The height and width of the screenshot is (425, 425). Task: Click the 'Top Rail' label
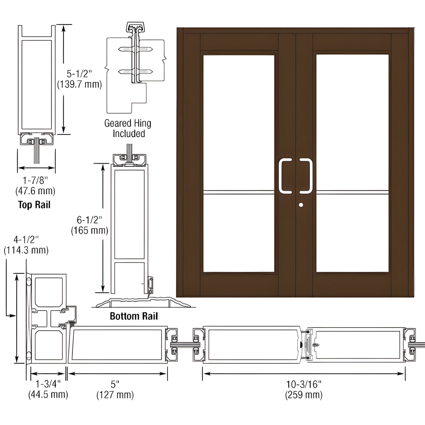[34, 205]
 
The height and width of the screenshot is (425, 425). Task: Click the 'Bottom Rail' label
[134, 316]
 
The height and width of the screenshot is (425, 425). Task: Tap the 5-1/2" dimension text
[79, 74]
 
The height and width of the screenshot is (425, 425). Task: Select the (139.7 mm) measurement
[79, 85]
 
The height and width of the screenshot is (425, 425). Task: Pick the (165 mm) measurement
[89, 231]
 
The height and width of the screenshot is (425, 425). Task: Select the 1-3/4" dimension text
[48, 384]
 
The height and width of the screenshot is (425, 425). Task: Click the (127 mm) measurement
[115, 395]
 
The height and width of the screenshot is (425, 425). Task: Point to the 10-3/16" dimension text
[304, 384]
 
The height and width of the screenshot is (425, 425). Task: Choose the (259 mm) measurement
[304, 395]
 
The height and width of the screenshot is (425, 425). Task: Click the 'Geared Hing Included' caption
[128, 128]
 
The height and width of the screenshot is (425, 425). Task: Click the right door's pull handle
[306, 176]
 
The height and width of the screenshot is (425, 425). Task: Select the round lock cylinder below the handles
[301, 205]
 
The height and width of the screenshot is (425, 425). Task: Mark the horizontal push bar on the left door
[239, 192]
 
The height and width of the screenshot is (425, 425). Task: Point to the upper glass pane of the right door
[352, 121]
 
